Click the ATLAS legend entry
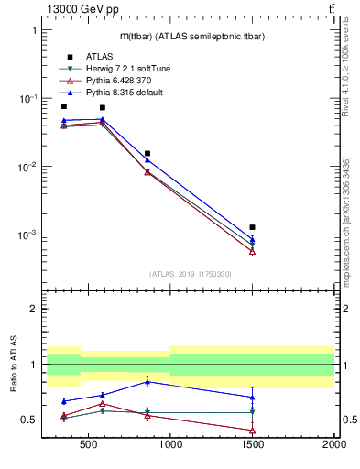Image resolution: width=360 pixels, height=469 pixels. click(86, 56)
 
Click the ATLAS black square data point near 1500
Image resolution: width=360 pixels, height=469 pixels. click(252, 226)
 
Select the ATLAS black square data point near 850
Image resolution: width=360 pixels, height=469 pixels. click(147, 154)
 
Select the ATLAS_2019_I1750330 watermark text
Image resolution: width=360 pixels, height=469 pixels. click(190, 274)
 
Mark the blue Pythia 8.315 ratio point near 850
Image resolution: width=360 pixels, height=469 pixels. click(147, 381)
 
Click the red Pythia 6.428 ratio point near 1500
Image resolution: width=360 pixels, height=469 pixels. click(252, 430)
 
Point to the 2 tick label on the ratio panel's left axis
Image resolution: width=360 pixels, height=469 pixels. click(33, 309)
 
